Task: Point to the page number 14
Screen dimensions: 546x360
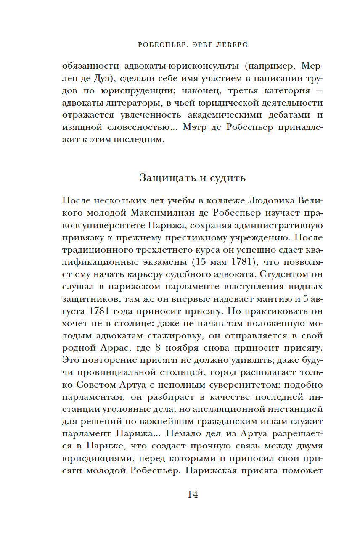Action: pyautogui.click(x=192, y=494)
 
